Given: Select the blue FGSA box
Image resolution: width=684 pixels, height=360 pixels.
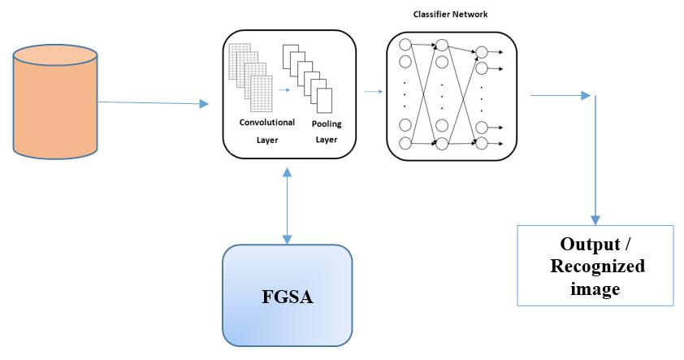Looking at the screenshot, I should click(x=288, y=296).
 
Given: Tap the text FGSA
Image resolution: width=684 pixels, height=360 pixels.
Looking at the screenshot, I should click(x=288, y=297).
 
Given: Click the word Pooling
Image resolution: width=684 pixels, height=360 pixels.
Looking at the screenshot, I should click(x=327, y=124).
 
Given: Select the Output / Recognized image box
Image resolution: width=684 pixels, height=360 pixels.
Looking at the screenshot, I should click(x=595, y=265).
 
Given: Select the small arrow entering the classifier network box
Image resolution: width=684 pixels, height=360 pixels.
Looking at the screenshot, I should click(x=373, y=92).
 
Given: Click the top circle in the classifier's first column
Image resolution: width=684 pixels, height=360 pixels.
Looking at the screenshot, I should click(x=406, y=44).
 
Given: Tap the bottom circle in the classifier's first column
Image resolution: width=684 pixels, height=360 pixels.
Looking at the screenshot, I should click(x=406, y=144).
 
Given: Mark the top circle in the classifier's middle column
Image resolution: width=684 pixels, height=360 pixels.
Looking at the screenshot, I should click(x=443, y=44).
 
